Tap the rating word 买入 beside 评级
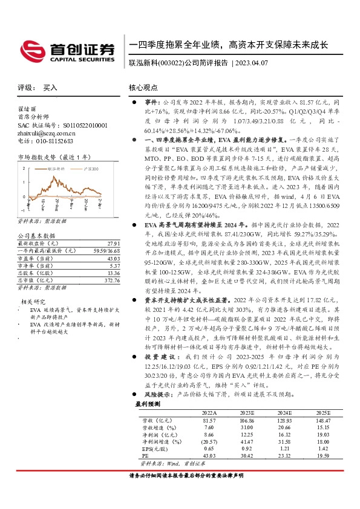[50, 88]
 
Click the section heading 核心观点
[143, 88]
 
